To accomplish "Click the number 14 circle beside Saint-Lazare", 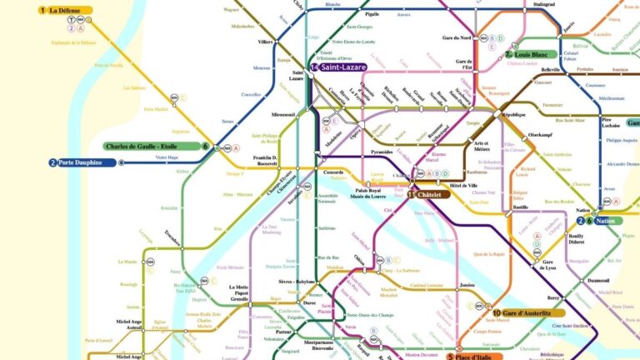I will click(x=314, y=67).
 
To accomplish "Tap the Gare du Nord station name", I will click(x=460, y=37).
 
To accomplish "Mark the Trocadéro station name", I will click(x=172, y=233).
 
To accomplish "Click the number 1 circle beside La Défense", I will click(x=42, y=11).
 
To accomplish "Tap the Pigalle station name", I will click(x=372, y=14).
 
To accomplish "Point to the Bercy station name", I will click(x=531, y=297).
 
